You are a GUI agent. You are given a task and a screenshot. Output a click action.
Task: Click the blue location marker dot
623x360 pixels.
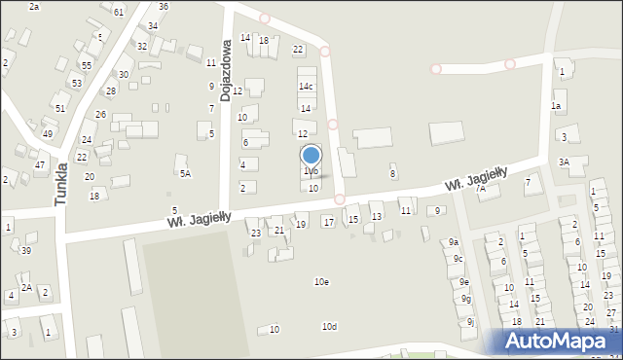coord(311,155)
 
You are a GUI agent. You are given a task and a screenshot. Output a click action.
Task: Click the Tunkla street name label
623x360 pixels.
coord(61,183)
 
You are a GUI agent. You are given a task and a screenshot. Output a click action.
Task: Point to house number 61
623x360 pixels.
coord(119,12)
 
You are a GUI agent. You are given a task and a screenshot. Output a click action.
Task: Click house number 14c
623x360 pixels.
coord(306,86)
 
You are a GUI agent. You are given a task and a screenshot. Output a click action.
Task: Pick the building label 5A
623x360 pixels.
coord(185,174)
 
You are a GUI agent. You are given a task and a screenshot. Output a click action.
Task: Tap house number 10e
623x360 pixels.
coord(321,282)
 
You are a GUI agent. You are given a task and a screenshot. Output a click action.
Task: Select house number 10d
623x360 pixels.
coord(329,327)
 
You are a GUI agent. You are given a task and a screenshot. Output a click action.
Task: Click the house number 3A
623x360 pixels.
coord(564,162)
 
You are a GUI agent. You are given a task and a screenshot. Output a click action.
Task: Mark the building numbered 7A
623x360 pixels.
coord(480,189)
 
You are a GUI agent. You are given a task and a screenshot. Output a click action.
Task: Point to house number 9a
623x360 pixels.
coord(454,242)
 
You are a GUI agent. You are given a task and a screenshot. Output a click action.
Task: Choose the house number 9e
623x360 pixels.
coord(464,282)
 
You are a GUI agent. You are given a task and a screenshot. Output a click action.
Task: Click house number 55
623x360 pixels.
coord(87,65)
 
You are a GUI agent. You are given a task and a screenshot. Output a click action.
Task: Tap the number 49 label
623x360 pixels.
coord(48,133)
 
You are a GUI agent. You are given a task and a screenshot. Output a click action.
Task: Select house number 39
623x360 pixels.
coord(26,251)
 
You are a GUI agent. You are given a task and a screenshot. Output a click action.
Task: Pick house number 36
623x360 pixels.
coord(164,7)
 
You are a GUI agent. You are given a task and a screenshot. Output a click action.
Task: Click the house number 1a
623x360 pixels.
coord(556,106)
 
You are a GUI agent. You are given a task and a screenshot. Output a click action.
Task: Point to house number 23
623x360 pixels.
coord(256,234)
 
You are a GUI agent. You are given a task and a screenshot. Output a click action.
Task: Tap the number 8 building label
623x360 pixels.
coord(393,174)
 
